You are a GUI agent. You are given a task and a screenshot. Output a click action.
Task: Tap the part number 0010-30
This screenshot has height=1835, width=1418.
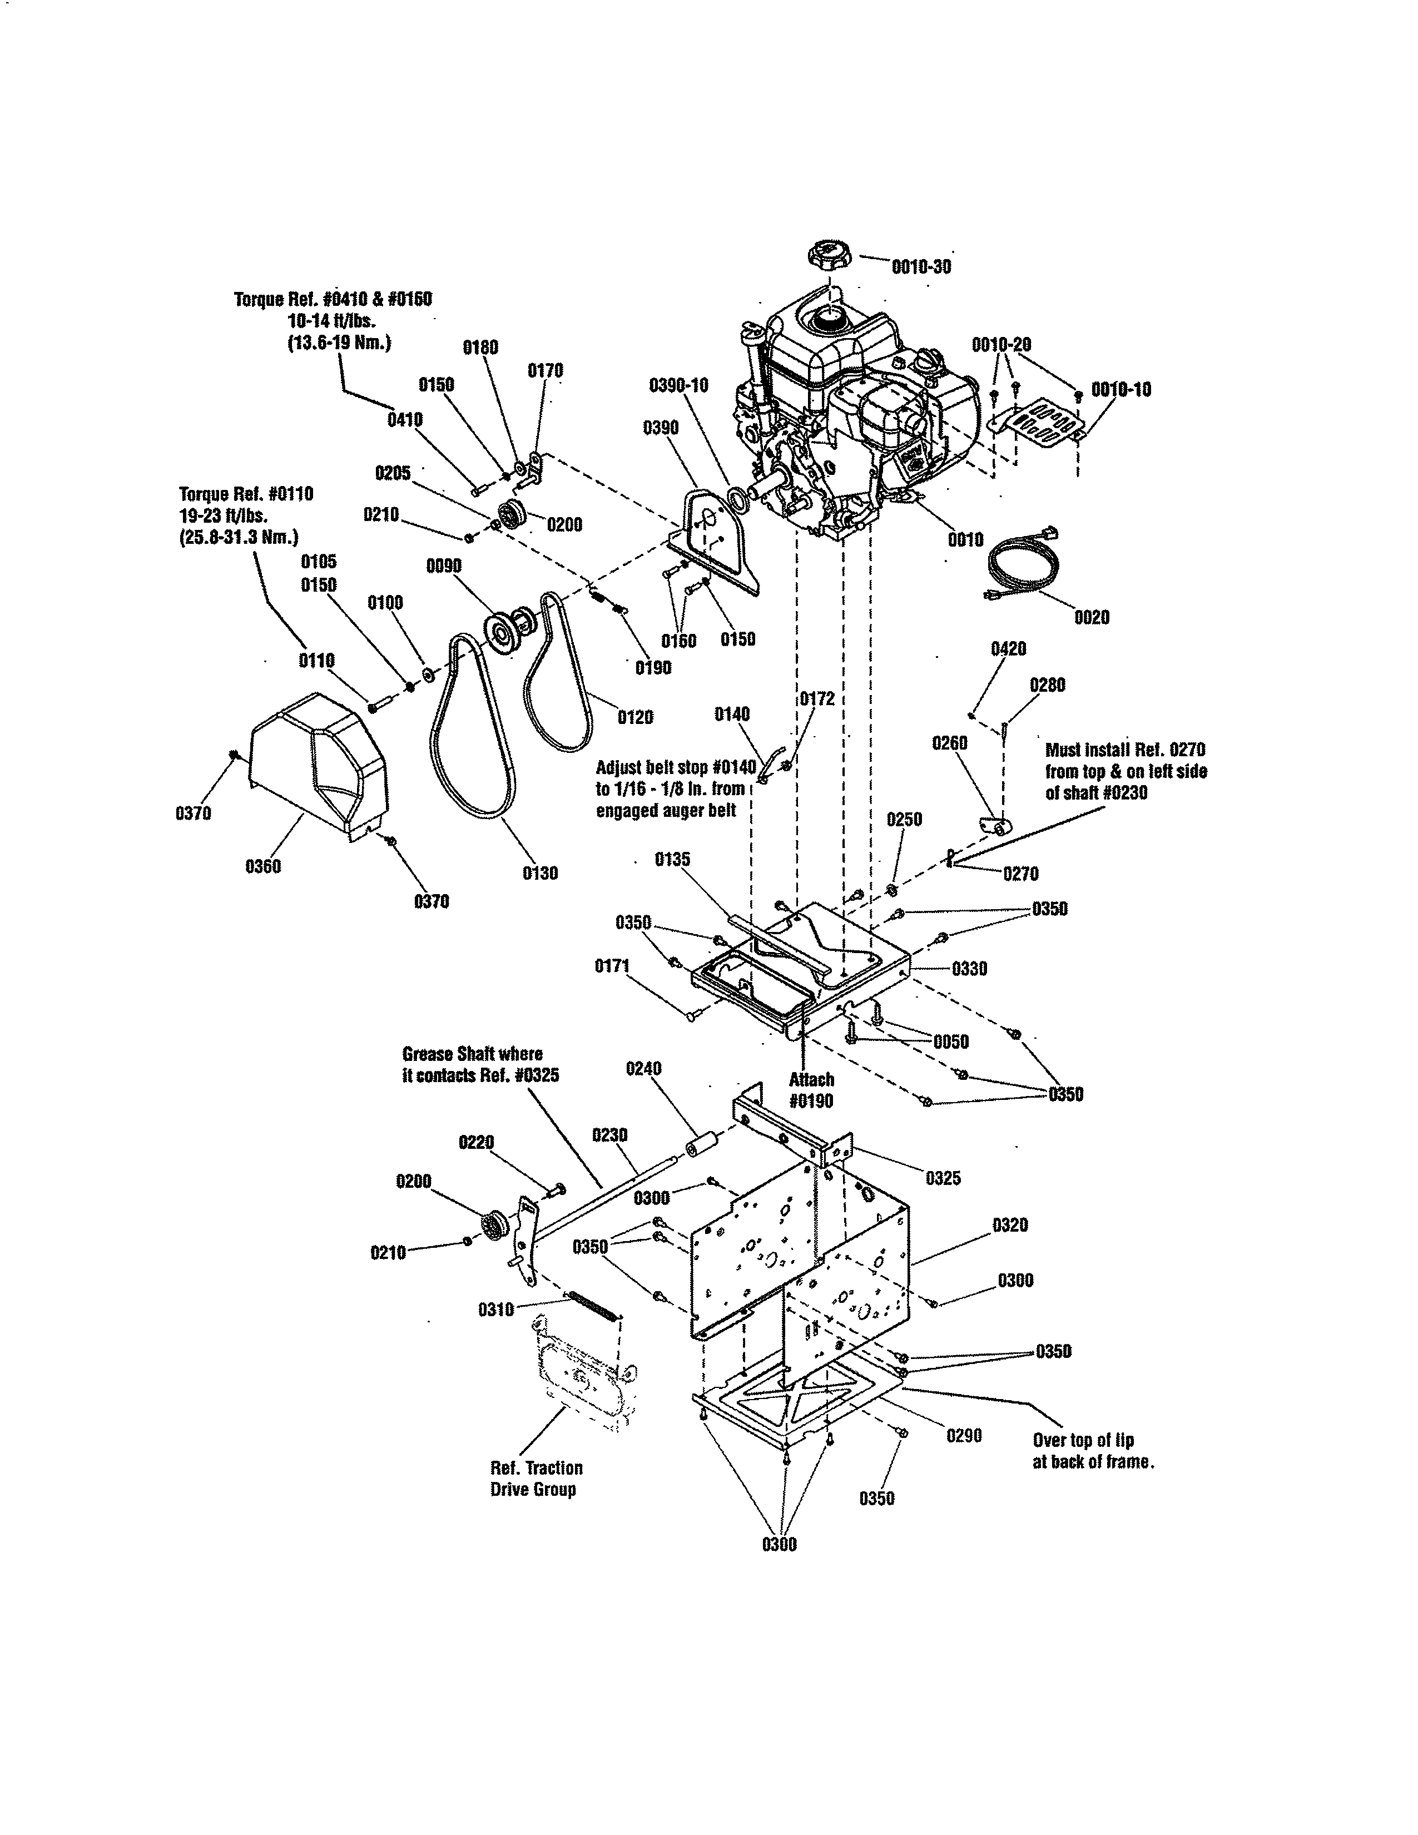tap(921, 266)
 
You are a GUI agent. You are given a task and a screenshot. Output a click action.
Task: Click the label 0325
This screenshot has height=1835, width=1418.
tap(943, 1178)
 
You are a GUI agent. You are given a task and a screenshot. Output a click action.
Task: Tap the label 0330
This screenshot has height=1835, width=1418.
tap(969, 969)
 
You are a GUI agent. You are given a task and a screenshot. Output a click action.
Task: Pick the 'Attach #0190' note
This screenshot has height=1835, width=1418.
tap(811, 1090)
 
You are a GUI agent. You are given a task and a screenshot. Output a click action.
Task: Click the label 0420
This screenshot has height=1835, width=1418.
tap(1008, 648)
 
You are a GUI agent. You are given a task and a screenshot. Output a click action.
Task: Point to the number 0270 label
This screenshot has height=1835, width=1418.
tap(1020, 874)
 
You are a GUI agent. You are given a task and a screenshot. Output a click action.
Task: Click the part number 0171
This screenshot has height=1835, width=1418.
tap(612, 966)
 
